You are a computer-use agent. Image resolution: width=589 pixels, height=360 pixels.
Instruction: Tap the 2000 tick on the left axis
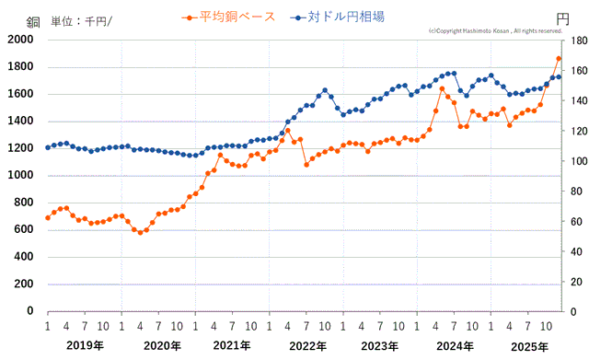[x=18, y=41]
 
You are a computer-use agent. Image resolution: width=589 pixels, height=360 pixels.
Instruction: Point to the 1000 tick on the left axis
[x=18, y=176]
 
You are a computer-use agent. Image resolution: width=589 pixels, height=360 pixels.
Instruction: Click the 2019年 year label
[x=84, y=345]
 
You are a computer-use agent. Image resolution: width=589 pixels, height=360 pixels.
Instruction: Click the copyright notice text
[x=495, y=30]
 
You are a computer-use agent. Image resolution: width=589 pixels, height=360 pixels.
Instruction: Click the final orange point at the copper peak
[x=559, y=59]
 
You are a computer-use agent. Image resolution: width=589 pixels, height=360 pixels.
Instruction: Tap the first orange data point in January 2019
[x=48, y=218]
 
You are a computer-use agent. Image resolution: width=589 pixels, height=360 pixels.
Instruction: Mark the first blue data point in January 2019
[x=48, y=147]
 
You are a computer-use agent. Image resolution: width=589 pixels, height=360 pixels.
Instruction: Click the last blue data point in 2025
[x=559, y=76]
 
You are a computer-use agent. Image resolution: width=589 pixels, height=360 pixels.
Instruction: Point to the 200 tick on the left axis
[x=22, y=285]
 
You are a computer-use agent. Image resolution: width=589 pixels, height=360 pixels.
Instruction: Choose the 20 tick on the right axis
[x=574, y=282]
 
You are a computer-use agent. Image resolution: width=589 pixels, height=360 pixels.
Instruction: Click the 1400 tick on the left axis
[x=18, y=122]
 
